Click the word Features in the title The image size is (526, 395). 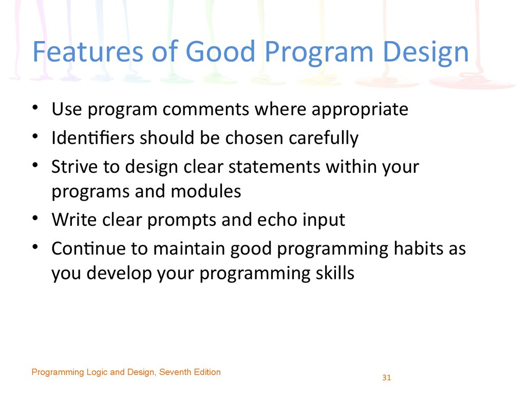[x=88, y=51]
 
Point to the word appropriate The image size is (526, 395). [x=360, y=111]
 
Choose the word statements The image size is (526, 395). [x=274, y=167]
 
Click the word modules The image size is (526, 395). [x=206, y=191]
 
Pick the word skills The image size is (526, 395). [x=335, y=273]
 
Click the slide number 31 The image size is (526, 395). [x=386, y=378]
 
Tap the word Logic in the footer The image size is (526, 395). [x=97, y=373]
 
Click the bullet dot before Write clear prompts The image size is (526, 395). [x=35, y=218]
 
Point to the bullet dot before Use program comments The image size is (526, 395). [x=35, y=107]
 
